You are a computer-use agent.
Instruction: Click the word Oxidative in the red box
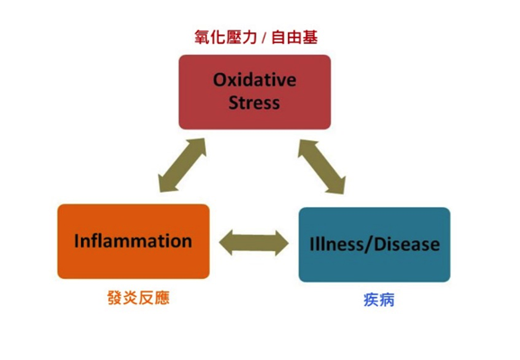click(x=255, y=80)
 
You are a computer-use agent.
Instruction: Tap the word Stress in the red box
click(x=255, y=103)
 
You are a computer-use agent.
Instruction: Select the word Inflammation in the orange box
click(x=133, y=241)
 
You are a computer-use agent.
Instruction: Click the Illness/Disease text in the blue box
click(x=374, y=245)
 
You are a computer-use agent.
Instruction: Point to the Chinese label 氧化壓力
click(x=226, y=37)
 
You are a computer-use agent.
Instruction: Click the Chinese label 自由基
click(x=294, y=37)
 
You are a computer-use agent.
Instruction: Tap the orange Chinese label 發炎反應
click(x=139, y=298)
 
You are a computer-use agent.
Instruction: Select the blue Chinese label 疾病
click(x=379, y=300)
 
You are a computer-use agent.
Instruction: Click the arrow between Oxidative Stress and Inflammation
click(x=183, y=165)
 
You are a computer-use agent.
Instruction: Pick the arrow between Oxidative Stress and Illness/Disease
click(x=322, y=166)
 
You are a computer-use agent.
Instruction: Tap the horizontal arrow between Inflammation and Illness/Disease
click(x=254, y=243)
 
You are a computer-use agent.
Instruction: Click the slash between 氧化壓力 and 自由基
click(x=264, y=38)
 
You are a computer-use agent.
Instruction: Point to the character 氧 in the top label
click(x=202, y=37)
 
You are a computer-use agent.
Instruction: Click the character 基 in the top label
click(x=310, y=37)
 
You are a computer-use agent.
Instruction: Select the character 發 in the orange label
click(x=115, y=298)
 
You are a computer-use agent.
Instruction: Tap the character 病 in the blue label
click(x=387, y=300)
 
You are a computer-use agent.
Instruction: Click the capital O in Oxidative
click(x=220, y=80)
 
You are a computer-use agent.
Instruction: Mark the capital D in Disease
click(x=380, y=245)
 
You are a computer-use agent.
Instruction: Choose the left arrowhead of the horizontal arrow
click(x=226, y=243)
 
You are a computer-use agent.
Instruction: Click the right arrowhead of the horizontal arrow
click(x=282, y=243)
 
